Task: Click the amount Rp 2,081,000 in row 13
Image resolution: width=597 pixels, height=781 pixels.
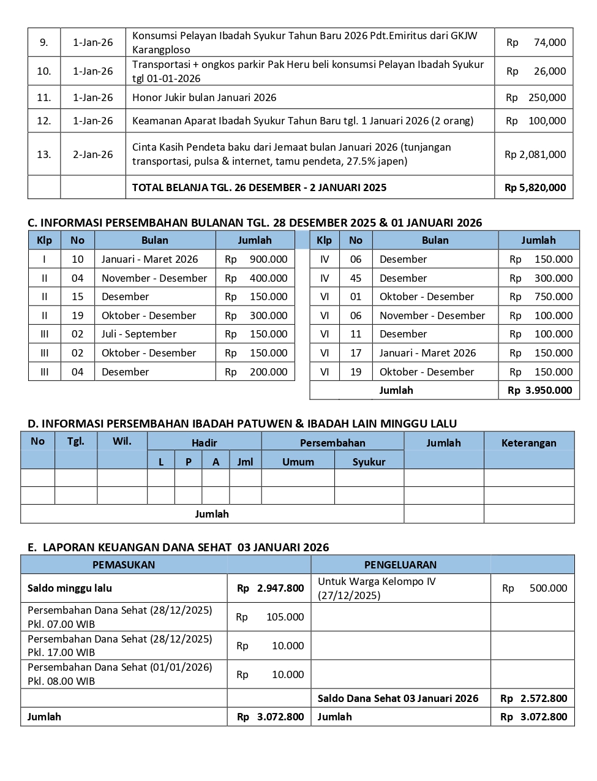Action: click(535, 154)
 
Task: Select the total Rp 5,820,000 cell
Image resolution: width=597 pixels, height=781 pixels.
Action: click(535, 187)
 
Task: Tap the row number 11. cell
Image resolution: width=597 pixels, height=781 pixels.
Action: click(44, 97)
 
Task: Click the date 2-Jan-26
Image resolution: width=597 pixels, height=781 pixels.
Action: click(93, 154)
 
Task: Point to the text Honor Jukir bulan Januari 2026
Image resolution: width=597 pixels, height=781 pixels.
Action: click(205, 97)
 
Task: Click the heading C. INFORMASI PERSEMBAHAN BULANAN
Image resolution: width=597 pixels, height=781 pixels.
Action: click(255, 223)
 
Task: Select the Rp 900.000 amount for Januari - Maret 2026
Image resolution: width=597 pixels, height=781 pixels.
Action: click(256, 259)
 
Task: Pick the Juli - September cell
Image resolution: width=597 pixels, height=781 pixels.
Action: click(139, 334)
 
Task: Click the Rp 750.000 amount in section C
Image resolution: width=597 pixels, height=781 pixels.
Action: click(541, 296)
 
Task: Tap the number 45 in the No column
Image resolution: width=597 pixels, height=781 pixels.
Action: click(356, 278)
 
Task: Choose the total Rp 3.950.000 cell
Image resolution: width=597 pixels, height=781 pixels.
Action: click(539, 390)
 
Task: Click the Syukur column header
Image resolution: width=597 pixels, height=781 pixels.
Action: click(369, 462)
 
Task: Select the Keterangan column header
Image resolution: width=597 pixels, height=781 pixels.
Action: click(528, 443)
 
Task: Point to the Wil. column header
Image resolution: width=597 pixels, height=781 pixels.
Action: click(122, 441)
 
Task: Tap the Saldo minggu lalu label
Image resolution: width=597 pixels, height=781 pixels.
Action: click(70, 588)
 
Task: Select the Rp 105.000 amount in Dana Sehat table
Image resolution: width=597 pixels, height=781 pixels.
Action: click(270, 617)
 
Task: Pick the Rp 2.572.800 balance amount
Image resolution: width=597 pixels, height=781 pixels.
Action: click(533, 698)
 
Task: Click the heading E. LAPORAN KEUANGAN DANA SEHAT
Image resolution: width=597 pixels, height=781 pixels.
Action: click(178, 548)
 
